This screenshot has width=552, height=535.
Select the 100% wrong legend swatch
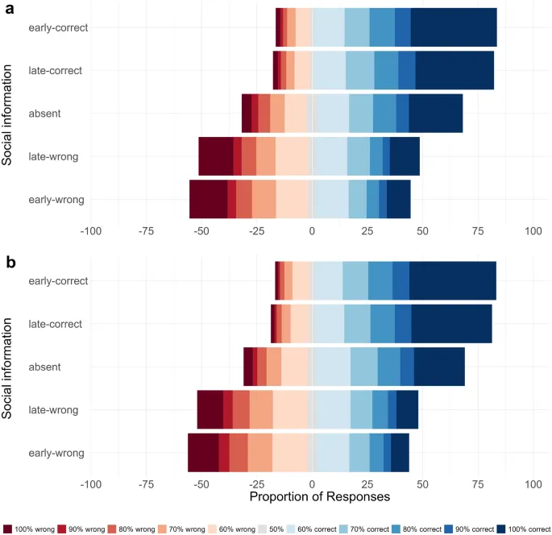7,529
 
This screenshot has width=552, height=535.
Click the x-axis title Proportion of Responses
320,497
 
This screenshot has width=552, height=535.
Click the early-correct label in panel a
58,27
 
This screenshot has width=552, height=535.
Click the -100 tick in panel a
90,231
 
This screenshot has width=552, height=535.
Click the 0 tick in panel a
312,231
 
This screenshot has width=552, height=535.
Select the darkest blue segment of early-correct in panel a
454,27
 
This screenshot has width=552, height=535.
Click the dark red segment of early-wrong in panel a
209,199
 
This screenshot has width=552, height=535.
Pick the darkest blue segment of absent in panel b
439,367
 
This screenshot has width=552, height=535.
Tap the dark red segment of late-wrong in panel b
210,409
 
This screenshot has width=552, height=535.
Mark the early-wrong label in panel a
57,199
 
